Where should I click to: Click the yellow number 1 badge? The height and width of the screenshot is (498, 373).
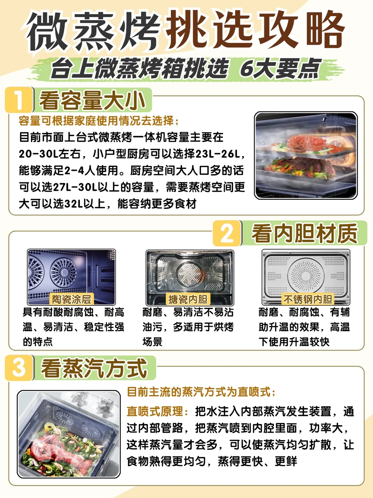pos(19,100)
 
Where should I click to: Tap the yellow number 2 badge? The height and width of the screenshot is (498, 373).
pos(227,233)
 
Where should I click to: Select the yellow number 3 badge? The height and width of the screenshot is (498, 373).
pos(19,368)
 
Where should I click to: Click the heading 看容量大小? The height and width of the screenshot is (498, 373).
pos(92,100)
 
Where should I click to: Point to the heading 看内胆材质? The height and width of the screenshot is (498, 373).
pos(305,233)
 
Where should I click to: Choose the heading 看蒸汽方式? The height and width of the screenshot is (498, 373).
pos(94,368)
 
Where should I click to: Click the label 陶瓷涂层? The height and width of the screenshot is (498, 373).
pos(71,299)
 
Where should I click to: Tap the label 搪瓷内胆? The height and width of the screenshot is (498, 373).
pos(188,299)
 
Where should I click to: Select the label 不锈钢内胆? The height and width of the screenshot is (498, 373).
pos(308,299)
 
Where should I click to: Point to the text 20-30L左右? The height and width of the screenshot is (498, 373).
pos(49,154)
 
